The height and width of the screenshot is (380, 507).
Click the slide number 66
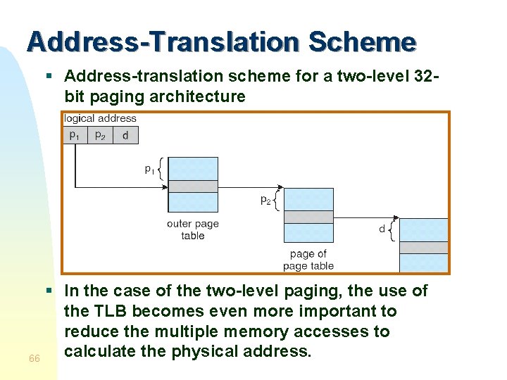[x=34, y=359]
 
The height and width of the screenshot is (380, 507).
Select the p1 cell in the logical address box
[x=74, y=135]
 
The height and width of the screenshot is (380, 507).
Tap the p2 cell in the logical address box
[x=100, y=135]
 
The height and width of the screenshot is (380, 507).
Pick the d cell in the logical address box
[x=125, y=135]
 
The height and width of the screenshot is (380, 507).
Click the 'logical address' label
[x=100, y=118]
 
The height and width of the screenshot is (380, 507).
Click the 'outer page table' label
[x=192, y=229]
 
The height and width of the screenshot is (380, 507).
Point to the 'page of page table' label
[x=308, y=260]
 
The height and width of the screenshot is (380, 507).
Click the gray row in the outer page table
[x=193, y=186]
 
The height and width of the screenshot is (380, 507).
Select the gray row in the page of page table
[x=308, y=217]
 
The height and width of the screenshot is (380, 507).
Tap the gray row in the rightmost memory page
[x=423, y=247]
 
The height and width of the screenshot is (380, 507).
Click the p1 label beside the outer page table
[x=149, y=168]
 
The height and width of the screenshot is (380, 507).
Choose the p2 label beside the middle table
[x=265, y=200]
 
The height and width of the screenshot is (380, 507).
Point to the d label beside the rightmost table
[x=382, y=229]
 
